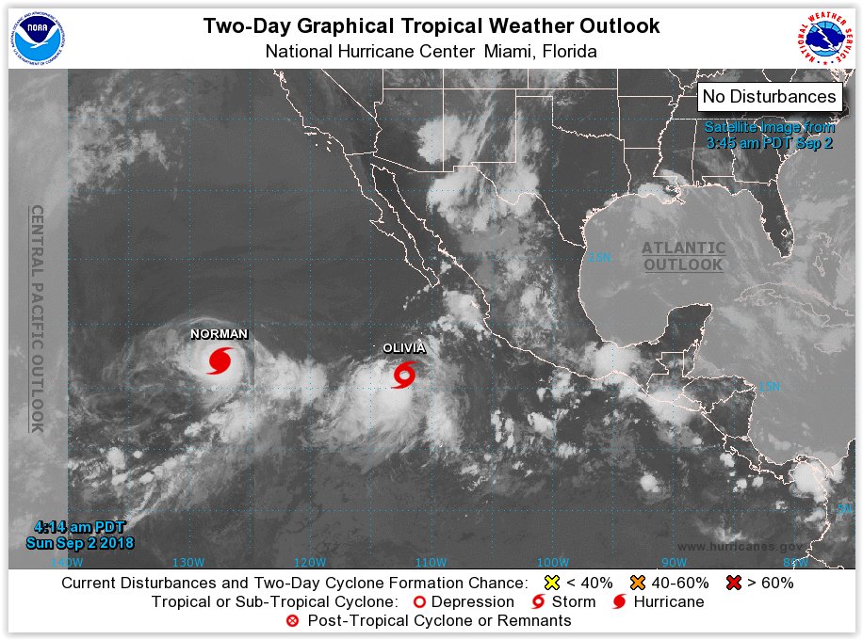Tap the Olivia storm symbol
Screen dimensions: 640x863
(404, 376)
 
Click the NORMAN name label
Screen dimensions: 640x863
(219, 334)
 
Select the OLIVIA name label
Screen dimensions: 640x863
(403, 348)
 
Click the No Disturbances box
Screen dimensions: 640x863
(769, 96)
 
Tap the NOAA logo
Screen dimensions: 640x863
(35, 35)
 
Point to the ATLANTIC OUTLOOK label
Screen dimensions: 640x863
(684, 256)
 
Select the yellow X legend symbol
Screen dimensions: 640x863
(553, 583)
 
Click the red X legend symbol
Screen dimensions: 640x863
(735, 583)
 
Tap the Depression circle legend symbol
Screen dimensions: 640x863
(420, 601)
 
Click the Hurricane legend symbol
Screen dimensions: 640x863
(620, 601)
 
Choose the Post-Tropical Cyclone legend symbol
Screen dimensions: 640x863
(292, 620)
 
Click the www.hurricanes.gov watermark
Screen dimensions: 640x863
(740, 547)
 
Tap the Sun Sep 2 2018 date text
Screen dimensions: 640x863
(80, 543)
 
